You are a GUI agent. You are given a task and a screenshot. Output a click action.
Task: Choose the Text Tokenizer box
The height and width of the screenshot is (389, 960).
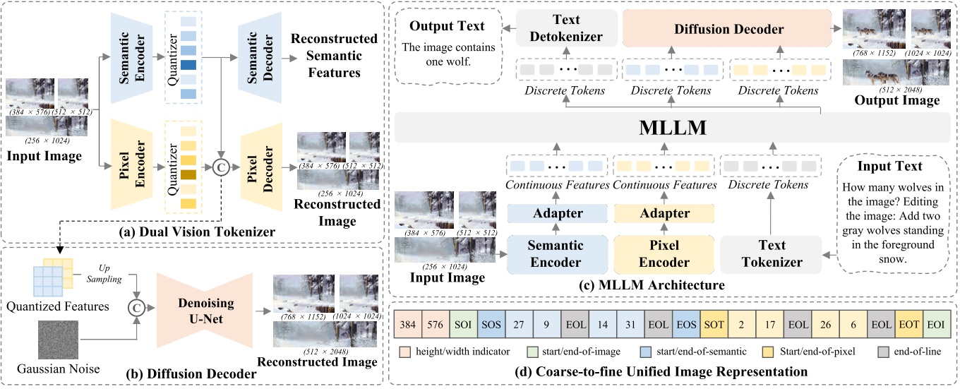(771, 253)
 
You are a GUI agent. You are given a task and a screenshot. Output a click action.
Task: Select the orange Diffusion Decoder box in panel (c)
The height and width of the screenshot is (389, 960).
(727, 30)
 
